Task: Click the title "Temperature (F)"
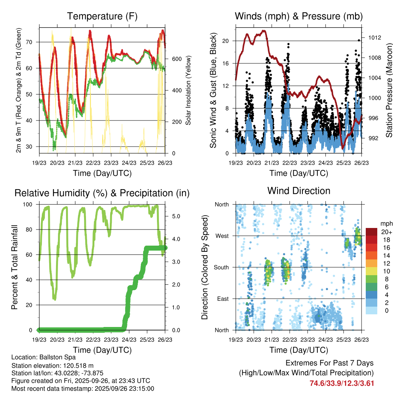pos(102,17)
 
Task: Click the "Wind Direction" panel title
pos(299,191)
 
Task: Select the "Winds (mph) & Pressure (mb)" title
pos(299,17)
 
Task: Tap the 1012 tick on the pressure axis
pos(374,38)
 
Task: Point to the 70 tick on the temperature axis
pos(33,42)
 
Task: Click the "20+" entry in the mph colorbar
pos(386,232)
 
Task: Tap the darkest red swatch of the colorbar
pos(372,232)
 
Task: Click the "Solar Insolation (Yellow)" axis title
pos(188,91)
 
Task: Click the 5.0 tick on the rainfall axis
pos(176,216)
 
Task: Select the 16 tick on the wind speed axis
pos(226,63)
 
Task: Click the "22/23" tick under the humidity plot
pos(93,340)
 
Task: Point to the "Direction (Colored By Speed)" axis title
pos(205,267)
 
